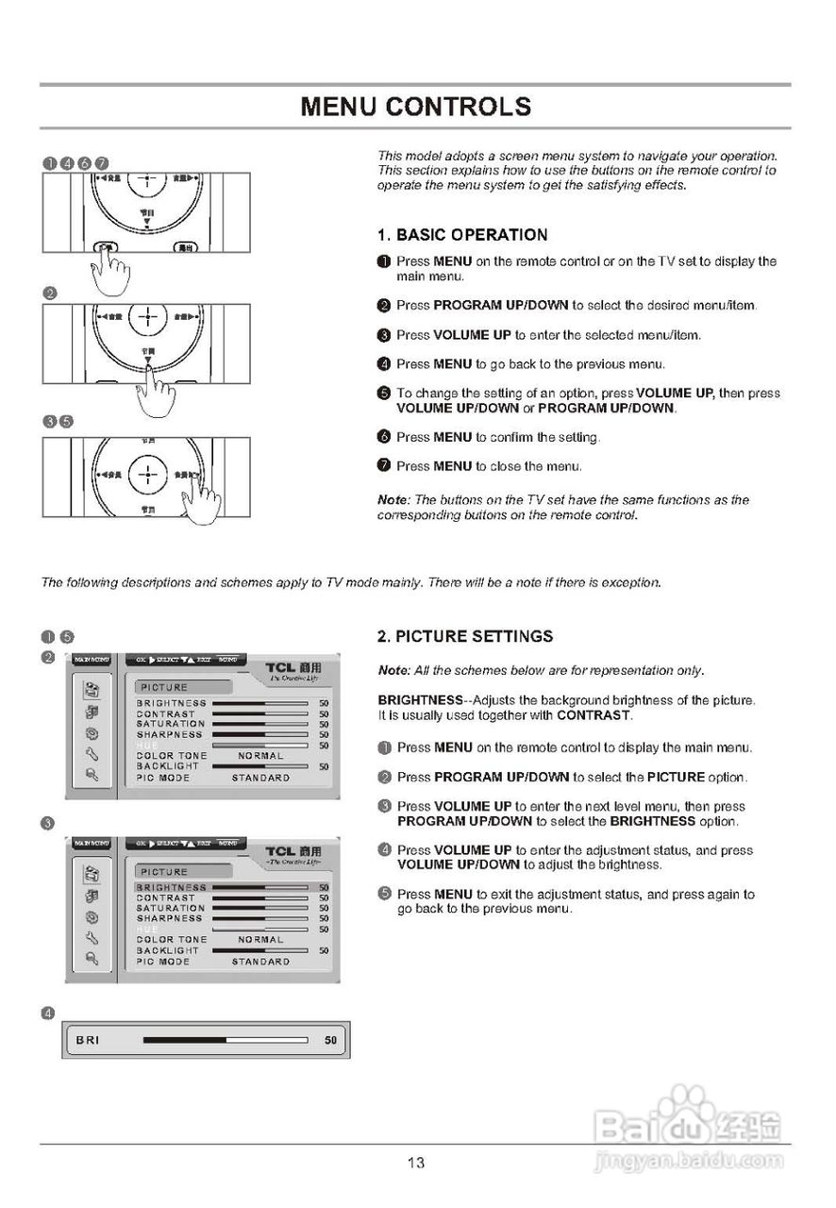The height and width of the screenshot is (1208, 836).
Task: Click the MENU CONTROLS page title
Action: [416, 106]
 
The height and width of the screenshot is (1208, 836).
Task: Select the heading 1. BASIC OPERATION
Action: [462, 235]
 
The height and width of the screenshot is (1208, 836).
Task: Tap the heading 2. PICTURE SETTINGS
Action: [465, 636]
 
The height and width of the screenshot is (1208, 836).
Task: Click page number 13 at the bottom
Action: [416, 1163]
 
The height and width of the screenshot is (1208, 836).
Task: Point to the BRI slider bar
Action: [226, 1040]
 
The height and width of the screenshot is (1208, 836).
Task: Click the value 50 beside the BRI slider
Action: [330, 1040]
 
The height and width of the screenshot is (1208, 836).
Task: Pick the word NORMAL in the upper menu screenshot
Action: [260, 756]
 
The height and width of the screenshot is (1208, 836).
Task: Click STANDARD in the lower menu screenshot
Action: [260, 962]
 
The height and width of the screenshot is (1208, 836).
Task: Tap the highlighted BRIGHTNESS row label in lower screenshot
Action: [171, 887]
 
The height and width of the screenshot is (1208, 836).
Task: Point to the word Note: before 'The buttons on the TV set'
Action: [393, 499]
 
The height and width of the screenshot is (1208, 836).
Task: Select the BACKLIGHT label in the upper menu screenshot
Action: [167, 766]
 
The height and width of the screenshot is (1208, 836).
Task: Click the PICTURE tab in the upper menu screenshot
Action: [166, 687]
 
